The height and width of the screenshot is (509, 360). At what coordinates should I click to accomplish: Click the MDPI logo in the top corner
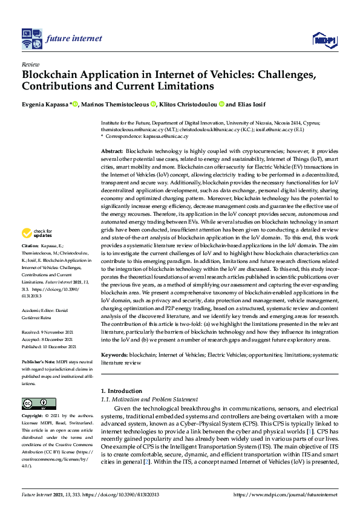324,40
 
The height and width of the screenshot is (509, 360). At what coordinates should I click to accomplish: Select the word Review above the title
30,63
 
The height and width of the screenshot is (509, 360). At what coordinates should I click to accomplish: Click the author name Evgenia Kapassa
46,104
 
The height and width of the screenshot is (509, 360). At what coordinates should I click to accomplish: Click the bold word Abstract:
112,151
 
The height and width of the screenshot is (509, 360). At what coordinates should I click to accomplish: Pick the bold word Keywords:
114,355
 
